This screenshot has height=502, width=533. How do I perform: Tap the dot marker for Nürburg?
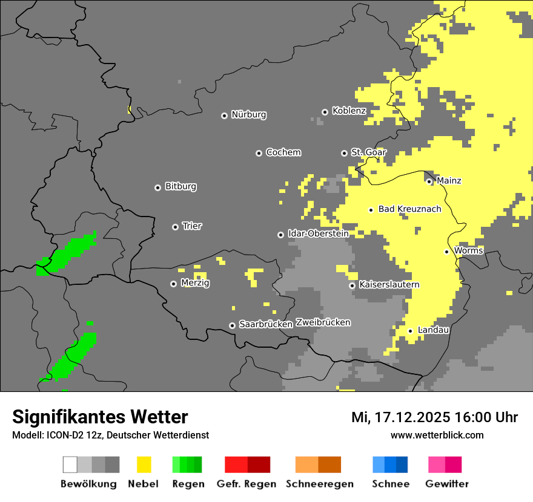tap(224, 115)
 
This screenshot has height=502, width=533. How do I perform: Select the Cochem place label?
tap(283, 152)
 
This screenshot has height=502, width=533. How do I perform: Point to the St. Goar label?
tap(368, 152)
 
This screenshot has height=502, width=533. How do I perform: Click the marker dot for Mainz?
tap(429, 181)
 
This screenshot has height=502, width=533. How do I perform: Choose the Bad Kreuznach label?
tap(409, 209)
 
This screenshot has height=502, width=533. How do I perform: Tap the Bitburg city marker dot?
tap(157, 187)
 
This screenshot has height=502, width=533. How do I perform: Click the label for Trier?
tap(192, 226)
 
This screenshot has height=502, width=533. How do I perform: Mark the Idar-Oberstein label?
tap(318, 233)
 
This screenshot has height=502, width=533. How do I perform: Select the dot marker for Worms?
tap(446, 252)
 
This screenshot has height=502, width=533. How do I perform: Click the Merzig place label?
tap(195, 283)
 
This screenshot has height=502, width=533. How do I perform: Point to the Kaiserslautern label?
tap(389, 285)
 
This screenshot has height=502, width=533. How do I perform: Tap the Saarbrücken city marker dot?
tap(232, 325)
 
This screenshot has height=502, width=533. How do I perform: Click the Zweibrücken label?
tap(323, 323)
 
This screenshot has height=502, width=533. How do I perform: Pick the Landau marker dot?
tap(410, 331)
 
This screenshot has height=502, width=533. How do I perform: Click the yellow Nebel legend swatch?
tap(144, 465)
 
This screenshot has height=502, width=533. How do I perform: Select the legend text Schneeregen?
tap(319, 484)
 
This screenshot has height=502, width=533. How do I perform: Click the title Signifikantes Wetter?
tap(100, 417)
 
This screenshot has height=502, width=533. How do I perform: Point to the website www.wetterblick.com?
tap(437, 435)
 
